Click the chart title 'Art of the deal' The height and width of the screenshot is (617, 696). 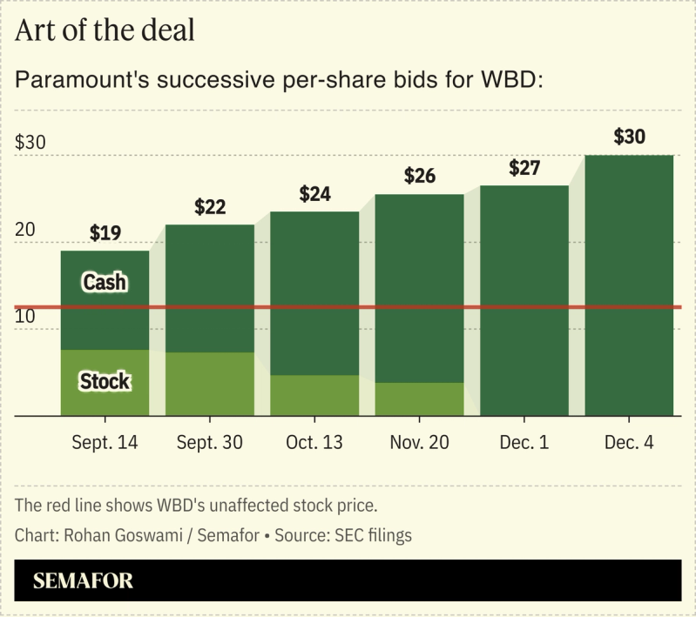105,30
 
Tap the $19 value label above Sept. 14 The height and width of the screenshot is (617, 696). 105,233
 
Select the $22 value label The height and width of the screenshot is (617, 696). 210,207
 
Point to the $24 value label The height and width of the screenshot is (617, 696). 314,194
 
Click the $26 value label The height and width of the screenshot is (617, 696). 420,176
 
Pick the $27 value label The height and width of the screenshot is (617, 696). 524,168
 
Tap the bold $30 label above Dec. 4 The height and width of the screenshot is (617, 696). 629,137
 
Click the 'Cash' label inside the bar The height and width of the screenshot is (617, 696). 105,282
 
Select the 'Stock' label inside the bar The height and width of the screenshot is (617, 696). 105,381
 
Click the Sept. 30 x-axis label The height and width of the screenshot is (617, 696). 210,443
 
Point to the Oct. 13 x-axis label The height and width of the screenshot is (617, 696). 314,443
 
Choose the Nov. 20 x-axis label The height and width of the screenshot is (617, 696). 420,443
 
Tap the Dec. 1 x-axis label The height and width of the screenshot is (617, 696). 524,443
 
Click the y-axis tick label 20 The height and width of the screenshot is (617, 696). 26,230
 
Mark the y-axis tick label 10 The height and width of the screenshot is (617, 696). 25,317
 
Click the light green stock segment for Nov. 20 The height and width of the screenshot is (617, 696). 420,399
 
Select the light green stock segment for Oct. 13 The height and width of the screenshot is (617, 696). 314,396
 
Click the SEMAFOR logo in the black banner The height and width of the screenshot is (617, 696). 84,581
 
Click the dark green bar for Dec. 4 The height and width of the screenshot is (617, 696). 629,287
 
